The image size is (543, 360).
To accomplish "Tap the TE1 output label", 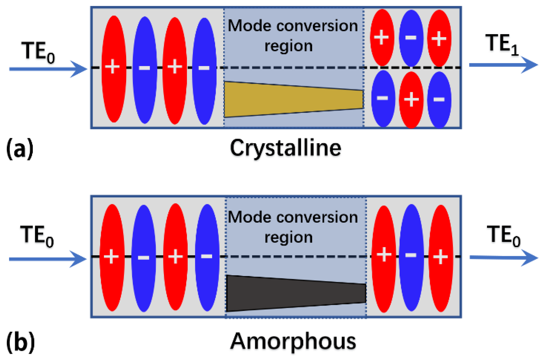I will point(502,45).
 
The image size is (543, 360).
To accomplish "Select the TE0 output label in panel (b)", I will point(503,235).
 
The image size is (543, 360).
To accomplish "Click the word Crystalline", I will point(286,148).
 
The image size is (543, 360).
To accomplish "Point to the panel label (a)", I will point(20,148).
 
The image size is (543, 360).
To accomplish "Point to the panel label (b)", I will point(20,342).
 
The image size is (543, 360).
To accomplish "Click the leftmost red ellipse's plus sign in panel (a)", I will point(112,67).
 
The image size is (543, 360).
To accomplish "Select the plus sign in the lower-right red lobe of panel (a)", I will point(411,99).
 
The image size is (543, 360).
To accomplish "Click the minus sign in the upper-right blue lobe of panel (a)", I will point(411,38).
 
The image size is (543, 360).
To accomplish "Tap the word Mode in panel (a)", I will point(249,26).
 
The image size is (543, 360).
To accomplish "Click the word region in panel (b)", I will point(288,237).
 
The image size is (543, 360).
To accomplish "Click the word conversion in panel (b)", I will point(317,218).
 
